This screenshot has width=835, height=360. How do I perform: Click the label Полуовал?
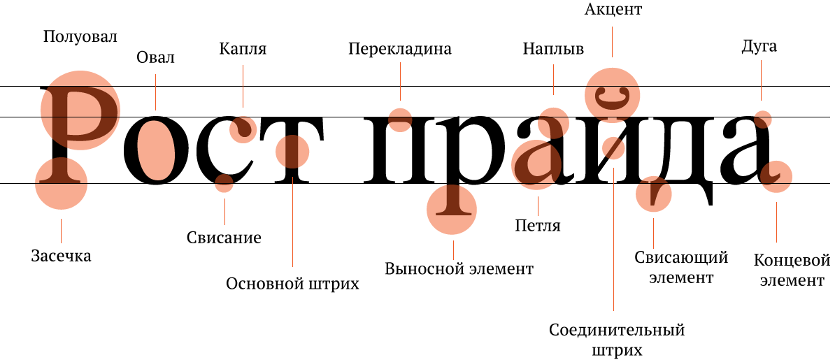[x=80, y=37]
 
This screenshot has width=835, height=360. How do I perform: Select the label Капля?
[x=243, y=49]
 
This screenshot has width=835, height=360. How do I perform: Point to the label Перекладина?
[x=400, y=49]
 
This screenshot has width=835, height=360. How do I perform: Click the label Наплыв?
[x=553, y=49]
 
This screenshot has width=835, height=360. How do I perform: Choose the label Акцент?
[x=612, y=9]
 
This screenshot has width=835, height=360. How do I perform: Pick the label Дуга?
[x=759, y=48]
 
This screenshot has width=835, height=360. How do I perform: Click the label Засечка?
[x=61, y=256]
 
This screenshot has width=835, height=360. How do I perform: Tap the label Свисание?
[x=224, y=238]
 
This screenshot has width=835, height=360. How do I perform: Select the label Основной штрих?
[x=292, y=284]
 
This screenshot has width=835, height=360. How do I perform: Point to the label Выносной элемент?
[x=459, y=269]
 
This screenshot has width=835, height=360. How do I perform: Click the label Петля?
[x=538, y=226]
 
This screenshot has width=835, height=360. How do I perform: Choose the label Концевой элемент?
[x=791, y=271]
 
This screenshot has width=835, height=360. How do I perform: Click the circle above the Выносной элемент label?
[x=452, y=208]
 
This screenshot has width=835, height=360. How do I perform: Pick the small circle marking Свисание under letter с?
[x=224, y=185]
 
